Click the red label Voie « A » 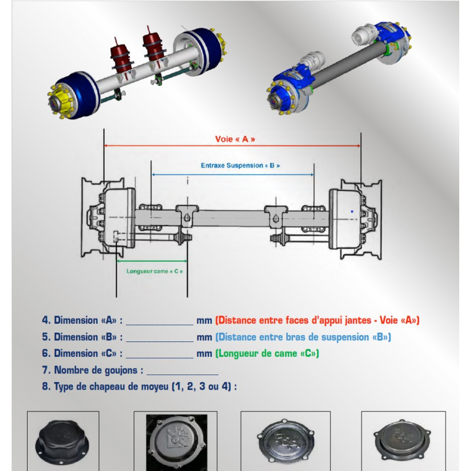(235, 139)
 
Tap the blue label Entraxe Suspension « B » (240, 165)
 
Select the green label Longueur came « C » (154, 271)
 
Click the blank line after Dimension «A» (160, 325)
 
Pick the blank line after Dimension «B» (160, 341)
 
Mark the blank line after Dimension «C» (160, 358)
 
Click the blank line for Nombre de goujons (183, 374)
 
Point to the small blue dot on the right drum (352, 211)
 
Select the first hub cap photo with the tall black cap (63, 440)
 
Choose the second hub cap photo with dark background (177, 440)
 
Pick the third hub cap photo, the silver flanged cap (286, 440)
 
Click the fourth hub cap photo (403, 440)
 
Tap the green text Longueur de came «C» (267, 353)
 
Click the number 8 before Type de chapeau (45, 386)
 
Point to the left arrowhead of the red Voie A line (106, 145)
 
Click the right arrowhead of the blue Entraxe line (312, 174)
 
